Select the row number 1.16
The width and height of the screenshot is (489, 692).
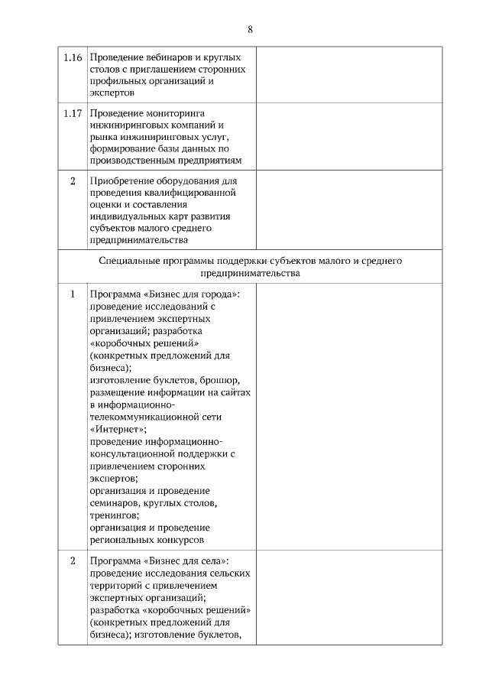(73, 57)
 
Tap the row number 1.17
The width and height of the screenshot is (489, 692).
(73, 113)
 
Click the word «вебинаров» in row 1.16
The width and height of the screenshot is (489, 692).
(163, 57)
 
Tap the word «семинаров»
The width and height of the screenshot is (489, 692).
(116, 503)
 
